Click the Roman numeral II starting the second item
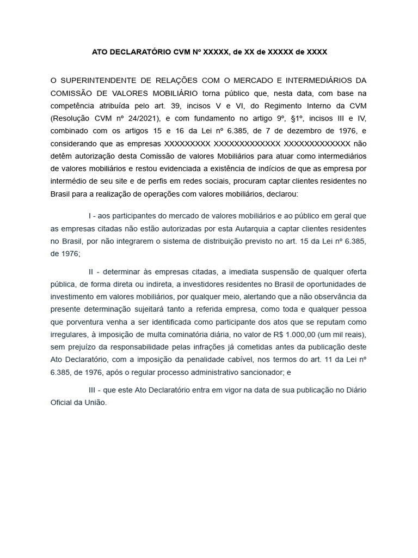(91, 271)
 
